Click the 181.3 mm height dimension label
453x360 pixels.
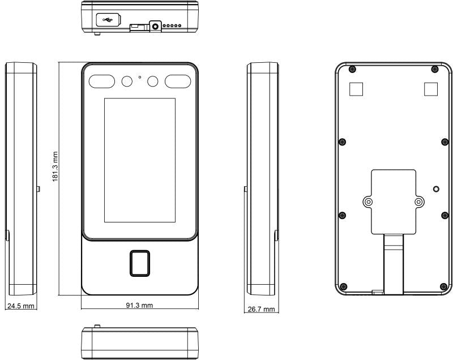55,167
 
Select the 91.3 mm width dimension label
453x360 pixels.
139,305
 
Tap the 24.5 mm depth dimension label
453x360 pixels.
21,306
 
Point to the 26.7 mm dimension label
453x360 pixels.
261,309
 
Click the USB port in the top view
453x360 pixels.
108,20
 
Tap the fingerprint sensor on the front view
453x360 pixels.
140,263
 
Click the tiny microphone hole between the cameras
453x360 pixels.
140,77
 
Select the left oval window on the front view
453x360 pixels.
102,82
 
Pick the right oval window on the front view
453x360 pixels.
178,82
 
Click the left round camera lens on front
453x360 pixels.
127,82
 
